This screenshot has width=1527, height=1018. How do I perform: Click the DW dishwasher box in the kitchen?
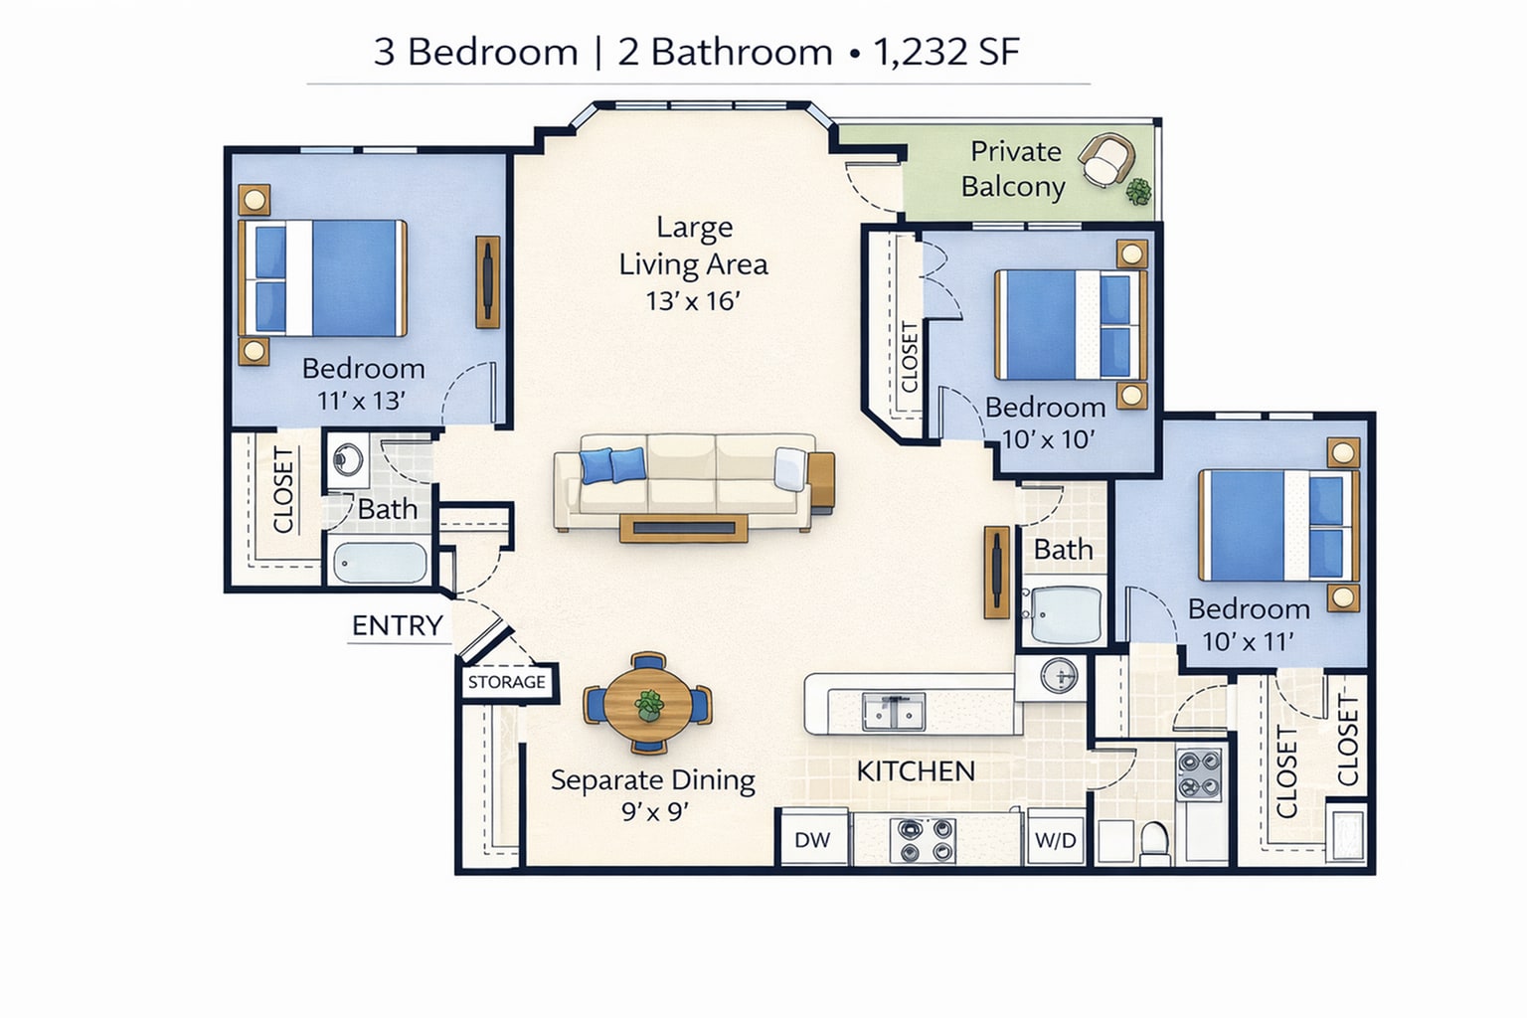pos(812,839)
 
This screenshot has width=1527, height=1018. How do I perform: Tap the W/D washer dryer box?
pos(1055,840)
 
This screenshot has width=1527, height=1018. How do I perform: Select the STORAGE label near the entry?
pos(507,682)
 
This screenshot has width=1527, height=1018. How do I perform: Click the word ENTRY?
pos(397,625)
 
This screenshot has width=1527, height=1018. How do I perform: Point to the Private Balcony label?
pos(1014,169)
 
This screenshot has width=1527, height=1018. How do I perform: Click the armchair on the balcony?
pos(1106,159)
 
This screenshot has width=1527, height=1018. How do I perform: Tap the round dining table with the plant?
pos(648,704)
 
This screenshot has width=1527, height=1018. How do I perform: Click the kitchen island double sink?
pos(893,711)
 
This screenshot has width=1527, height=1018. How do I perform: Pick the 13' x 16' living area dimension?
pos(693,300)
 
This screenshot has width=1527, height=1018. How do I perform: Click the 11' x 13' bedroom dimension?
pos(361,401)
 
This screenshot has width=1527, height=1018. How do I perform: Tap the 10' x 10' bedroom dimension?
pos(1047,438)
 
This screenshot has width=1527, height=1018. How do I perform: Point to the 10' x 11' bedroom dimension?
pos(1248,641)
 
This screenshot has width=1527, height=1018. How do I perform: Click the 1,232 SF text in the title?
pos(945,52)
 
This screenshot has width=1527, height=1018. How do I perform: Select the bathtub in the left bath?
pos(379,563)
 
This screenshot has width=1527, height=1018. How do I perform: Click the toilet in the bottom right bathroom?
pos(1154,840)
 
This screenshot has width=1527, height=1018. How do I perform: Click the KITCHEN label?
pos(916,770)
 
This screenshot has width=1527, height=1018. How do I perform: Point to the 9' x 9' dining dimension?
pos(654,811)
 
